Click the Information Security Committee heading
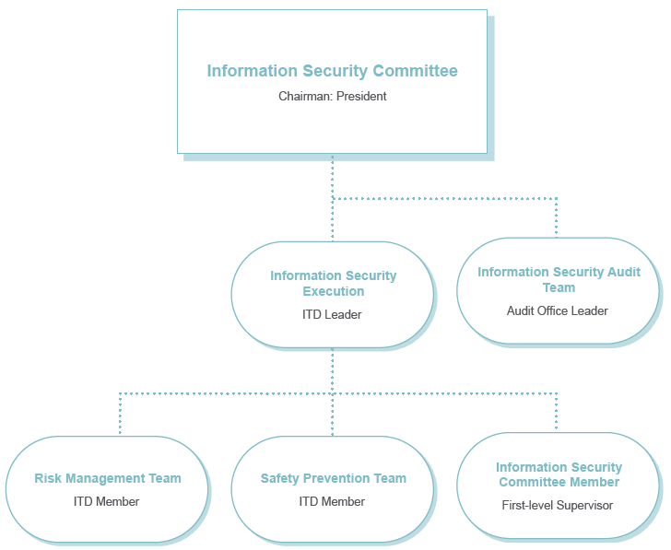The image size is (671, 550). pyautogui.click(x=332, y=71)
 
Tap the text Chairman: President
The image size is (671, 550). pyautogui.click(x=332, y=96)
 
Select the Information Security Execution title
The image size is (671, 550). pyautogui.click(x=333, y=283)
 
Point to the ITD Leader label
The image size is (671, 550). pyautogui.click(x=332, y=315)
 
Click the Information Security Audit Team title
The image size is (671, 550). pyautogui.click(x=559, y=280)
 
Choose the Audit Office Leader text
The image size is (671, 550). pyautogui.click(x=557, y=310)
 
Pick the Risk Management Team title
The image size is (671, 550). pyautogui.click(x=108, y=478)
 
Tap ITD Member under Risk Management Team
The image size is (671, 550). pyautogui.click(x=107, y=502)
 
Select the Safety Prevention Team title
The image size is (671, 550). pyautogui.click(x=333, y=478)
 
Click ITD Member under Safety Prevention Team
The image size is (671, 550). pyautogui.click(x=332, y=502)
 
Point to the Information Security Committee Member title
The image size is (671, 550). pyautogui.click(x=559, y=474)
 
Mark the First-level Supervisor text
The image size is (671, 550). pyautogui.click(x=557, y=506)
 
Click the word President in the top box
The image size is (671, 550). pyautogui.click(x=361, y=96)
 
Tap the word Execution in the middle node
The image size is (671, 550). pyautogui.click(x=334, y=291)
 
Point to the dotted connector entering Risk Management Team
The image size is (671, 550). pyautogui.click(x=120, y=414)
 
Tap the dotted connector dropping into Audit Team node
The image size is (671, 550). pyautogui.click(x=557, y=217)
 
